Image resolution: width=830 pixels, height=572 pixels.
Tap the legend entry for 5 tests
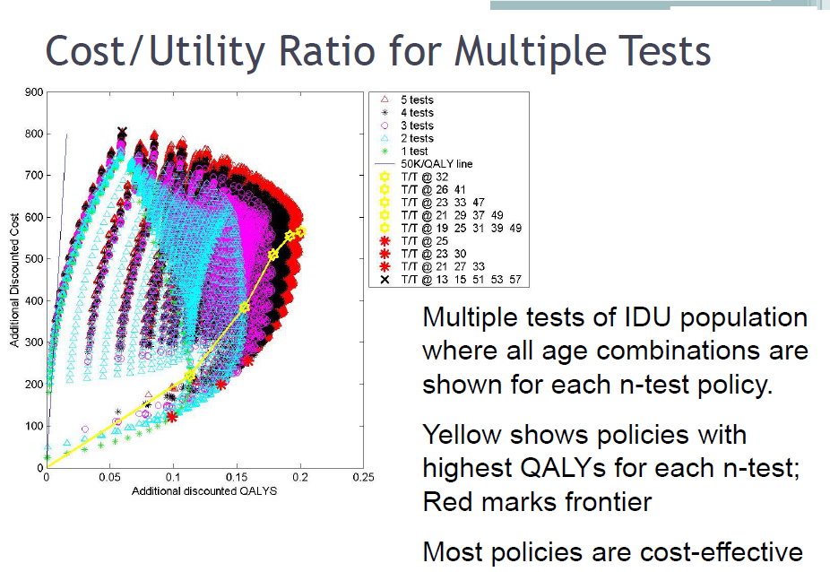[x=407, y=100]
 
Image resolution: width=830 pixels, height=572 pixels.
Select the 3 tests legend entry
[x=407, y=126]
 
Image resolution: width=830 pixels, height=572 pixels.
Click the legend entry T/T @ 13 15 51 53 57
[x=451, y=279]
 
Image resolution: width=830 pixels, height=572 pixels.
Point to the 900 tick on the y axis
[x=34, y=92]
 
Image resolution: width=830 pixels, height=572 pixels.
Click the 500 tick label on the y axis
[x=34, y=259]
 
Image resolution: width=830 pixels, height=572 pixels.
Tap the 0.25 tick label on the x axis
[x=363, y=477]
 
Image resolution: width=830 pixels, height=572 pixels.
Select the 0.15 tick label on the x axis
[x=237, y=477]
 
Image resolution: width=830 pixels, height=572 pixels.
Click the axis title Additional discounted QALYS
[x=204, y=491]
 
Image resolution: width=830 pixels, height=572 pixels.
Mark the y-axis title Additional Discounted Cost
[x=14, y=281]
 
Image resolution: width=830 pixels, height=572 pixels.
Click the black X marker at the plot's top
[x=122, y=132]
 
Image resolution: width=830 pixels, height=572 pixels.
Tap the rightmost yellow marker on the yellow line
[x=300, y=232]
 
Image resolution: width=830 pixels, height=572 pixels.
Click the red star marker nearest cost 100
[x=171, y=417]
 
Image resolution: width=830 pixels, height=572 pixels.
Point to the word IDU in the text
[x=647, y=317]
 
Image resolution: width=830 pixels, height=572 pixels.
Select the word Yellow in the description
[x=462, y=435]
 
